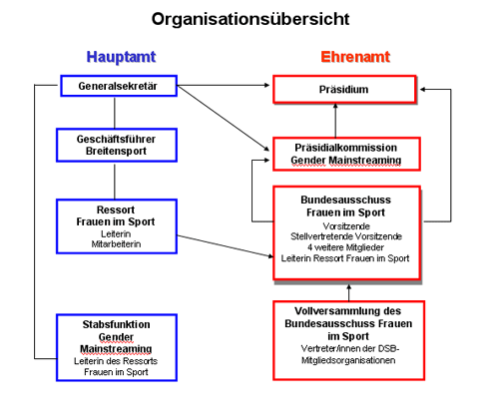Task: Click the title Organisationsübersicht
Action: pyautogui.click(x=250, y=20)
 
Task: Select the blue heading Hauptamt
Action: pyautogui.click(x=121, y=57)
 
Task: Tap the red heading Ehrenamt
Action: pyautogui.click(x=355, y=57)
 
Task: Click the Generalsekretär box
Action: pyautogui.click(x=119, y=86)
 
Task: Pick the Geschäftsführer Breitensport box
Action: pyautogui.click(x=117, y=145)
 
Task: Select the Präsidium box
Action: pyautogui.click(x=344, y=89)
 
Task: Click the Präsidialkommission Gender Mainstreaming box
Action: pyautogui.click(x=346, y=154)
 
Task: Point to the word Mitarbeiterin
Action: pyautogui.click(x=116, y=244)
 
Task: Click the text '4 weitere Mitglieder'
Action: pyautogui.click(x=345, y=247)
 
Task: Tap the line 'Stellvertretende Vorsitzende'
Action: pyautogui.click(x=346, y=236)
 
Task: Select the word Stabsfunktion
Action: pyautogui.click(x=116, y=324)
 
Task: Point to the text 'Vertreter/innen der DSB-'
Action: pyautogui.click(x=350, y=349)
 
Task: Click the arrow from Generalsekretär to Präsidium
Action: pyautogui.click(x=224, y=86)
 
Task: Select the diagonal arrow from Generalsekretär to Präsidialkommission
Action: pyautogui.click(x=224, y=118)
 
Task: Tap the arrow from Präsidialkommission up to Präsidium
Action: pyautogui.click(x=335, y=121)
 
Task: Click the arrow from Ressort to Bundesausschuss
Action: pyautogui.click(x=226, y=246)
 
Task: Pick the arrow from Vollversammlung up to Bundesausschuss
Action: pyautogui.click(x=349, y=292)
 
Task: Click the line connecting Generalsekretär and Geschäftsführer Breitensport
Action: pyautogui.click(x=115, y=113)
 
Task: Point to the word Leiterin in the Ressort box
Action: pyautogui.click(x=116, y=234)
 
